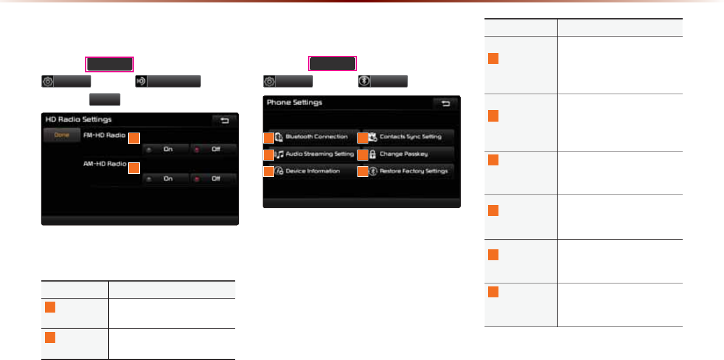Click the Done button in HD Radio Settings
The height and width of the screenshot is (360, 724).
(62, 136)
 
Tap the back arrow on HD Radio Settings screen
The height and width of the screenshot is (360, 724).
(225, 121)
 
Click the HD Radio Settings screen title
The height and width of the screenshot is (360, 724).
(78, 120)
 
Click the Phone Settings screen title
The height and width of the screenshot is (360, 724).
(294, 103)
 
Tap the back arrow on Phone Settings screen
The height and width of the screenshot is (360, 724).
(446, 104)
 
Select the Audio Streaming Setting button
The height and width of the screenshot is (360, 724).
(316, 154)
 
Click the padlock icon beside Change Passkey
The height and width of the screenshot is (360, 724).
(372, 154)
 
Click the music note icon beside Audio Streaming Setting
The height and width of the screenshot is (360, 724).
(279, 154)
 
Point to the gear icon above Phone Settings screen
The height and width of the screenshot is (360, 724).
(269, 81)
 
